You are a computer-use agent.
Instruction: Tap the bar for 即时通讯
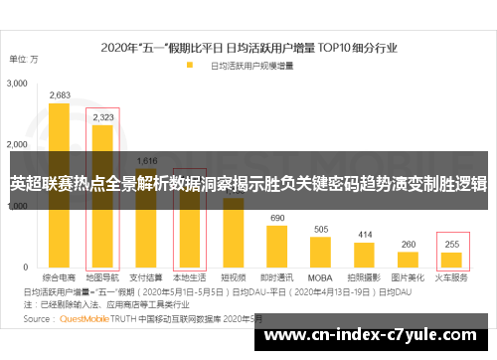[276, 249]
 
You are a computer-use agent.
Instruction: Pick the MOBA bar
[321, 254]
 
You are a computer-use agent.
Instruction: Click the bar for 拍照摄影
[364, 257]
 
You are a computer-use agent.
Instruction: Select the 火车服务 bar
[452, 262]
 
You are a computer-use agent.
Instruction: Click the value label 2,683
[60, 95]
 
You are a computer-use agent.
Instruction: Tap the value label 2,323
[102, 117]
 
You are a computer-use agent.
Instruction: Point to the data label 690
[277, 218]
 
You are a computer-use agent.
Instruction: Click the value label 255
[452, 244]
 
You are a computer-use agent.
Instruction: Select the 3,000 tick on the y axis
[18, 87]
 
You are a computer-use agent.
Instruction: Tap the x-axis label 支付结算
[146, 279]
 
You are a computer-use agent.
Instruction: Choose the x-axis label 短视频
[233, 279]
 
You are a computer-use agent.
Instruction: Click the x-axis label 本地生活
[189, 279]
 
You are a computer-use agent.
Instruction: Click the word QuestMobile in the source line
[83, 319]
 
